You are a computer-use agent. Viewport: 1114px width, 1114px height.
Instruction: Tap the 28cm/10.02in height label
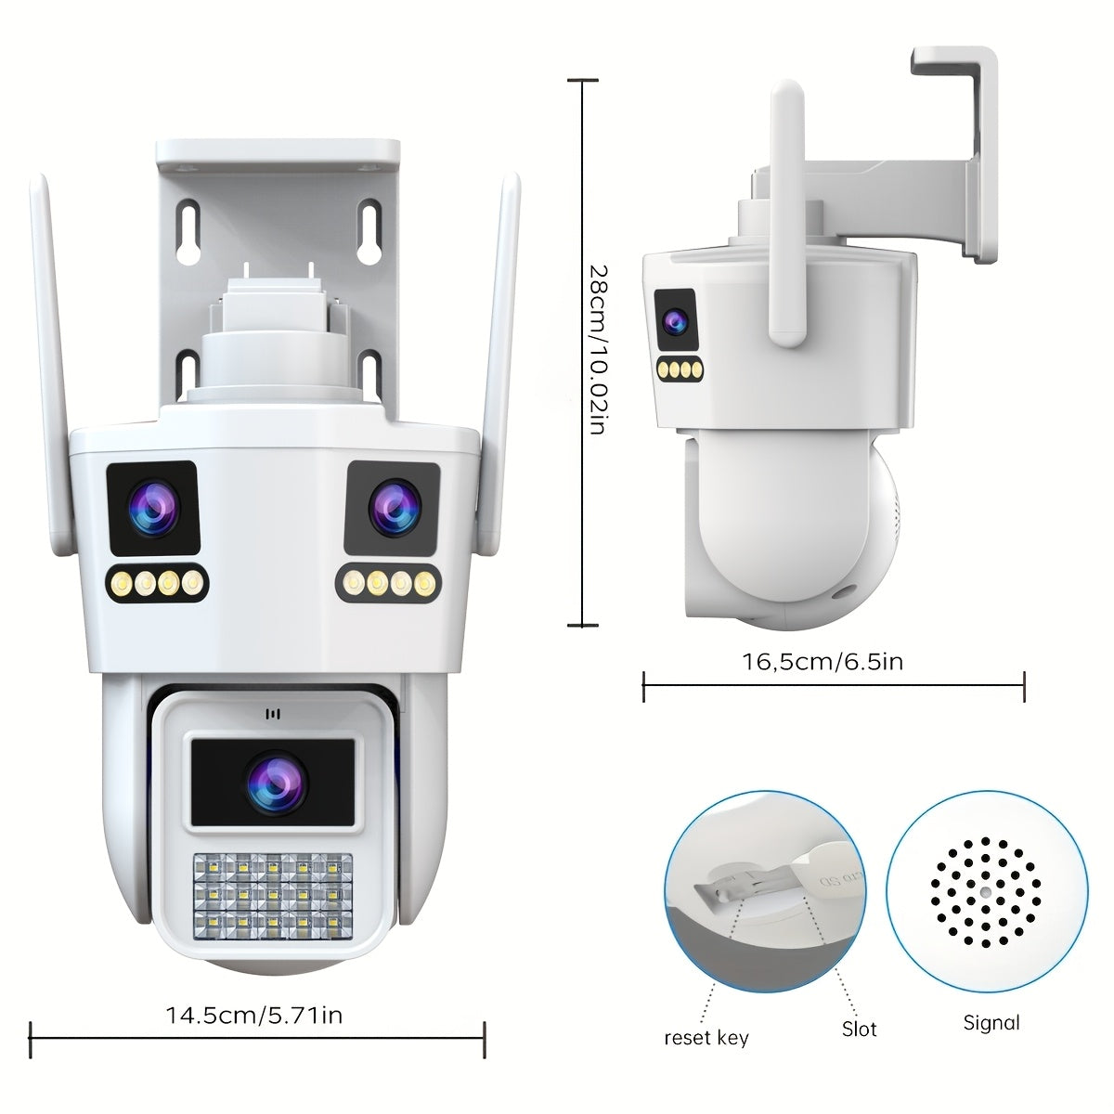tap(597, 350)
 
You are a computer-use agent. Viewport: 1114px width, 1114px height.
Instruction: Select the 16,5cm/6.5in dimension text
tap(823, 661)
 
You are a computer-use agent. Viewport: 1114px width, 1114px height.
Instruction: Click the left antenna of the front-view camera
tap(51, 364)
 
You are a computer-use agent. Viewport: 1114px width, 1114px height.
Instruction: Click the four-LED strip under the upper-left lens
tap(157, 583)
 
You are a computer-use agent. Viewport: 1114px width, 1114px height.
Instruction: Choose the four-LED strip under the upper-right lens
tap(388, 583)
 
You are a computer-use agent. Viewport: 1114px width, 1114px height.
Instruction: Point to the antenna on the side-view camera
tap(787, 214)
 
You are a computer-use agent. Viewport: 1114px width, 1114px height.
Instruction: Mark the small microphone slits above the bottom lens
tap(272, 715)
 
